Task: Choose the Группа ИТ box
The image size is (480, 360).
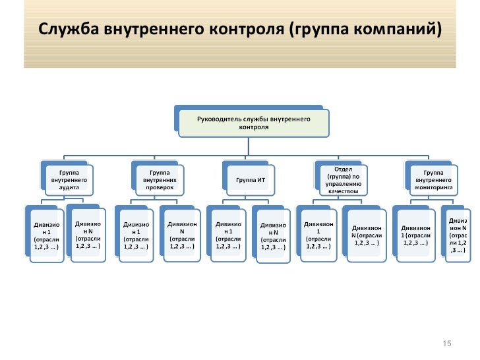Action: coord(251,179)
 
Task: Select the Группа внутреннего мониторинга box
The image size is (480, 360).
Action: coord(433,179)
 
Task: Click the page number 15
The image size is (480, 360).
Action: coord(446,344)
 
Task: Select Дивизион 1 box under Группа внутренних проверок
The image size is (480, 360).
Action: coord(136,237)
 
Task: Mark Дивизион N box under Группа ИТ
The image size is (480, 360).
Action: coord(272,238)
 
